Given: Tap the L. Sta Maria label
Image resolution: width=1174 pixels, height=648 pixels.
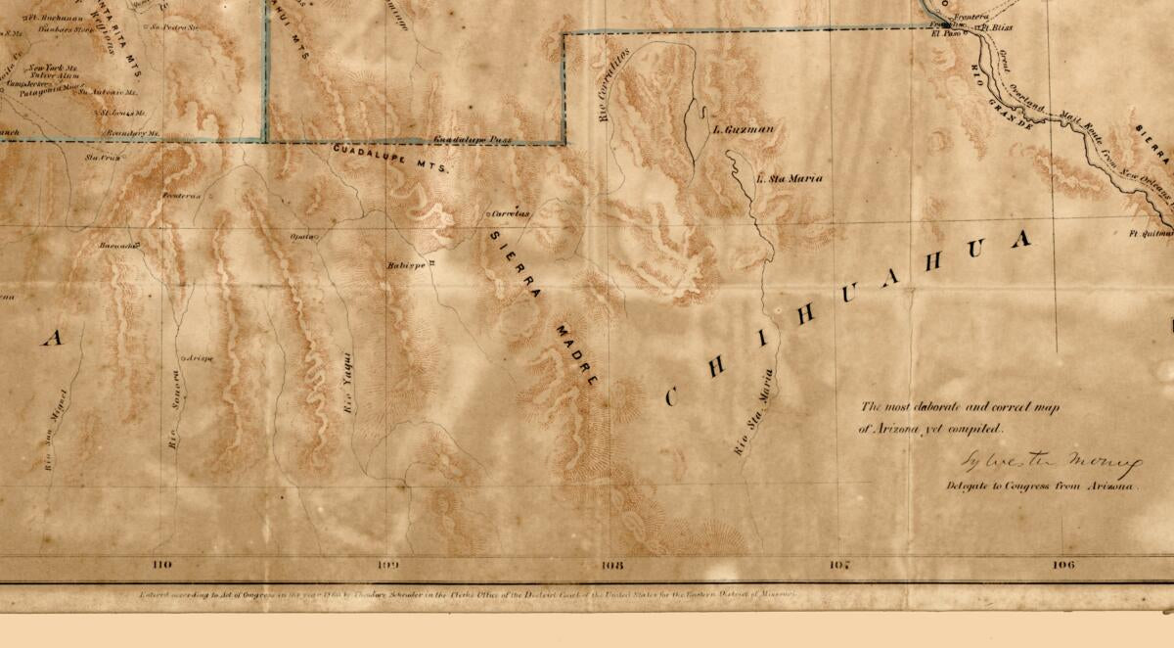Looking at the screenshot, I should (790, 178).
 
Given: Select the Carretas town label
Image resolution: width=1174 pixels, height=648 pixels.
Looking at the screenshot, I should (511, 212).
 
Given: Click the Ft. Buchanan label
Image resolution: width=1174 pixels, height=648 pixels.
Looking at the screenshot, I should (54, 17).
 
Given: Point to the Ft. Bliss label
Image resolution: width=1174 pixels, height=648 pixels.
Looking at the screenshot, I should (997, 28).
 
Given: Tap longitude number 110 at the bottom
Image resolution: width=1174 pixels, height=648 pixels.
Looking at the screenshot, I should (162, 565).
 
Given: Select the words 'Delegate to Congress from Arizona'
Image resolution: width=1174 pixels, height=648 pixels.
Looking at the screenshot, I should (1042, 486).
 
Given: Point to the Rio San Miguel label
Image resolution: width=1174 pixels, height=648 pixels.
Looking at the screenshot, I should (56, 431).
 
